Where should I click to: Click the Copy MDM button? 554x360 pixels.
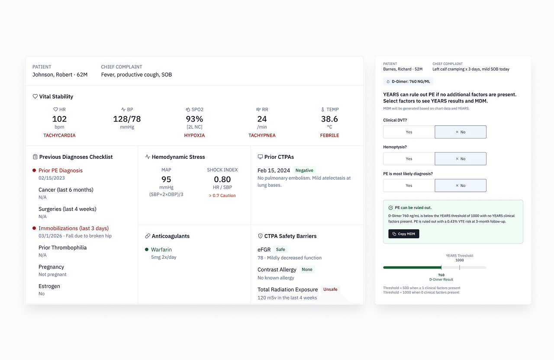tap(404, 234)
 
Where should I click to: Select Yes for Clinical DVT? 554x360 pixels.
tap(409, 132)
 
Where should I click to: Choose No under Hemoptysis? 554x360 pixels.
tap(461, 159)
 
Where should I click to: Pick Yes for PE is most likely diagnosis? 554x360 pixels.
tap(409, 186)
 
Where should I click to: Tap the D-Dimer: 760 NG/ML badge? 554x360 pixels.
tap(408, 81)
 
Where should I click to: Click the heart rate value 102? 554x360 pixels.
tap(59, 119)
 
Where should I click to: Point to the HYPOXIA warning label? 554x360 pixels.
tap(194, 135)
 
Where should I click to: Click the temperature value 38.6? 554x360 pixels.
tap(329, 119)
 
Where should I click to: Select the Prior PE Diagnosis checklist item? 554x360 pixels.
tap(60, 170)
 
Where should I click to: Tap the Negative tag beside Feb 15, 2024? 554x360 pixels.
tap(305, 170)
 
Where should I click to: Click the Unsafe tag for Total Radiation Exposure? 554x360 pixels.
tap(330, 289)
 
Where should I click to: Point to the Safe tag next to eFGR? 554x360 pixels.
tap(280, 250)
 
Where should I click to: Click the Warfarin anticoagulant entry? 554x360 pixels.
tap(161, 250)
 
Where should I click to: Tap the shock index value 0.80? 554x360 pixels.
tap(222, 180)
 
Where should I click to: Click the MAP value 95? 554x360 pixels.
tap(166, 180)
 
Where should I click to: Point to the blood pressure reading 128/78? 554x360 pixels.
tap(127, 119)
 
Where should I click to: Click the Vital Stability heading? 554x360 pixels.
tap(56, 96)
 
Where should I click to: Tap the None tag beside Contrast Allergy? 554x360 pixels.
tap(307, 270)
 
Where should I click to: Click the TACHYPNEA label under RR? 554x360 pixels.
tap(262, 135)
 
